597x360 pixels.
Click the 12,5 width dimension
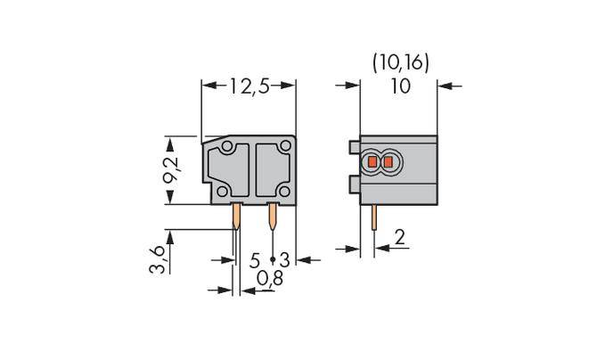click(249, 86)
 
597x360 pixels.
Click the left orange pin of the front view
click(236, 217)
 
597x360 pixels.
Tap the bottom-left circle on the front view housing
click(219, 191)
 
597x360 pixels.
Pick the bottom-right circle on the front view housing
click(283, 191)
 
